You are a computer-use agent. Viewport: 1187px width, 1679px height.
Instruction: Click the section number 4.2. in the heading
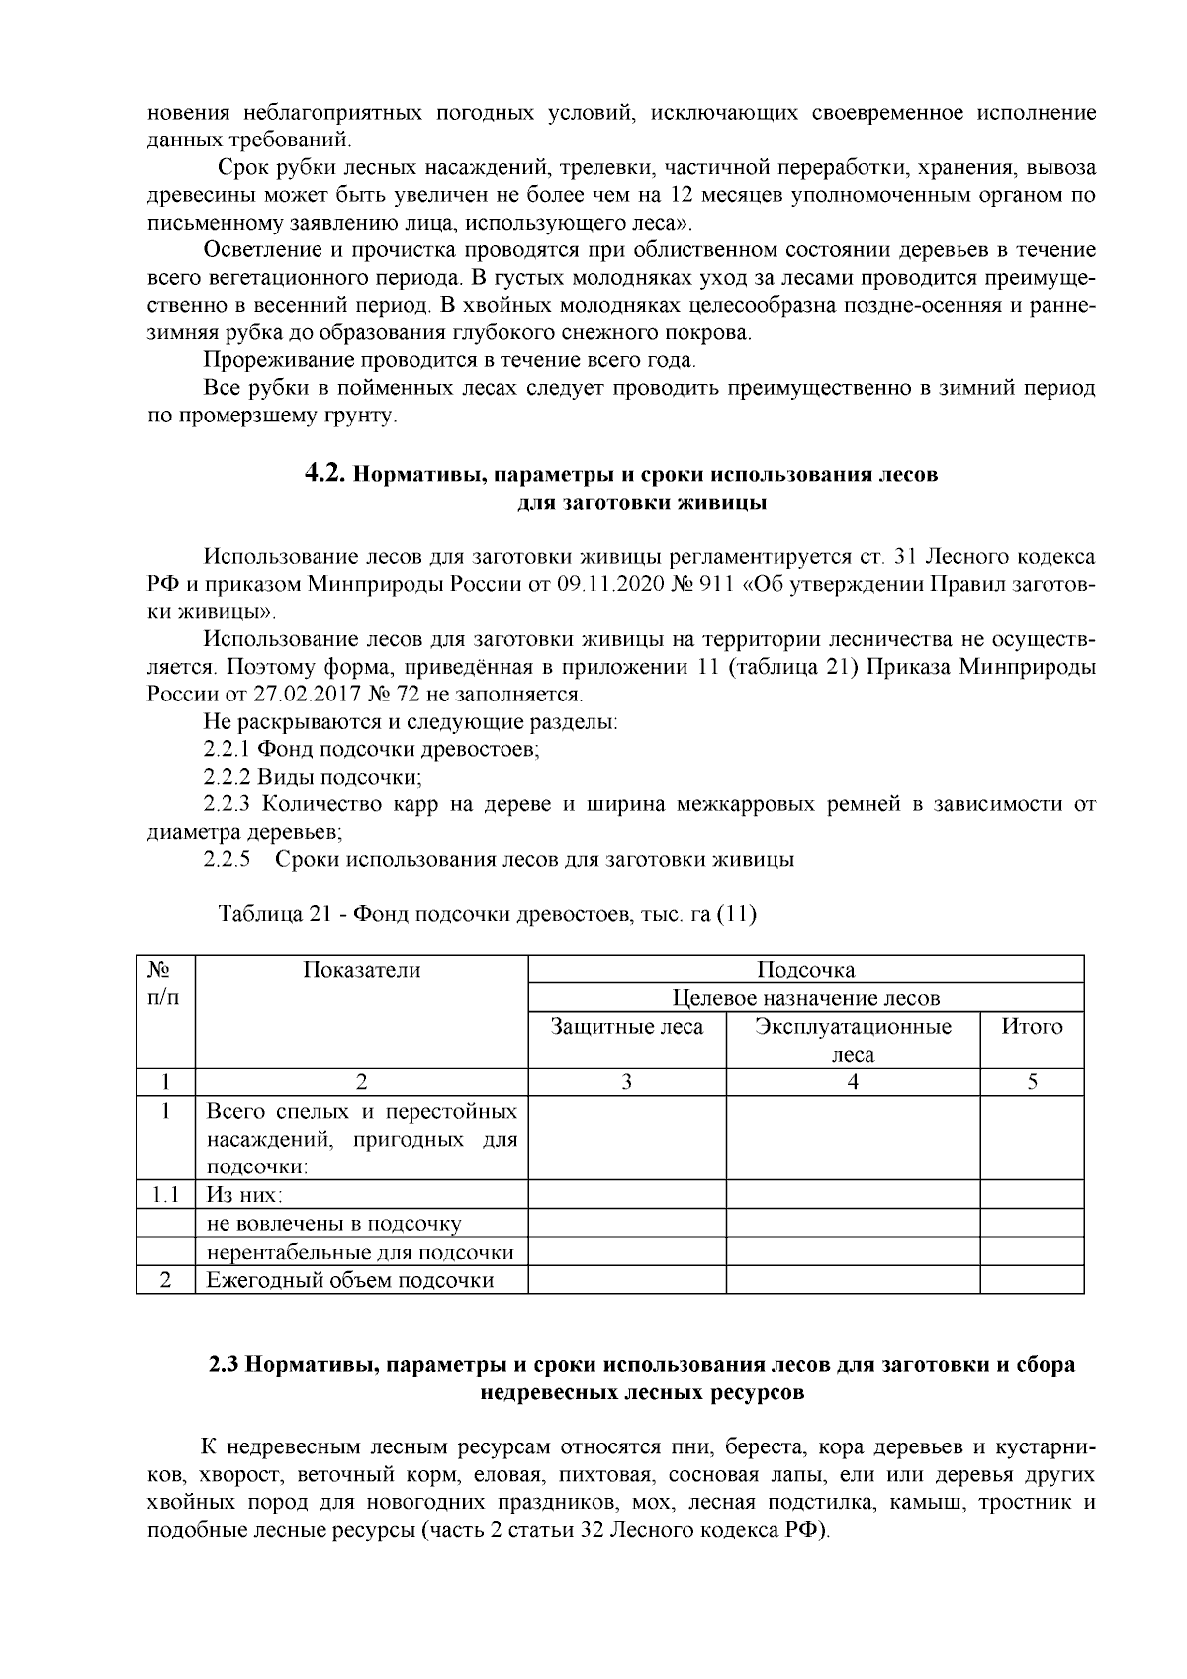(x=324, y=474)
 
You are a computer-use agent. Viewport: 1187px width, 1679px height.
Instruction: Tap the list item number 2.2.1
(x=227, y=749)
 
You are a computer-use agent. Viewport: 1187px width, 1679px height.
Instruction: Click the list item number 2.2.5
(x=227, y=859)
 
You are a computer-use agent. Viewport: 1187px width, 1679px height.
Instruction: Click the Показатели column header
(x=361, y=970)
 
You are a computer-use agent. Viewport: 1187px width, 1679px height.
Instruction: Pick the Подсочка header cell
(x=805, y=970)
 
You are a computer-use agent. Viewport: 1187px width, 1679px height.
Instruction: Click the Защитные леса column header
(x=627, y=1027)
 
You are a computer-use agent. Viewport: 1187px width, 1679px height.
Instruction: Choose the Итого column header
(x=1032, y=1027)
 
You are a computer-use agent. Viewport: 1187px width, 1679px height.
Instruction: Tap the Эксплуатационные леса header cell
(x=853, y=1040)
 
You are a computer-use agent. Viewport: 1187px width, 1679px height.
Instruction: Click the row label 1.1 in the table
(x=166, y=1195)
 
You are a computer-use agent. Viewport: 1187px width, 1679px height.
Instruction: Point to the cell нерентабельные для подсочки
(x=360, y=1253)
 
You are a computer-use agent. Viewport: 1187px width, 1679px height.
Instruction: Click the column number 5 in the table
(x=1032, y=1082)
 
